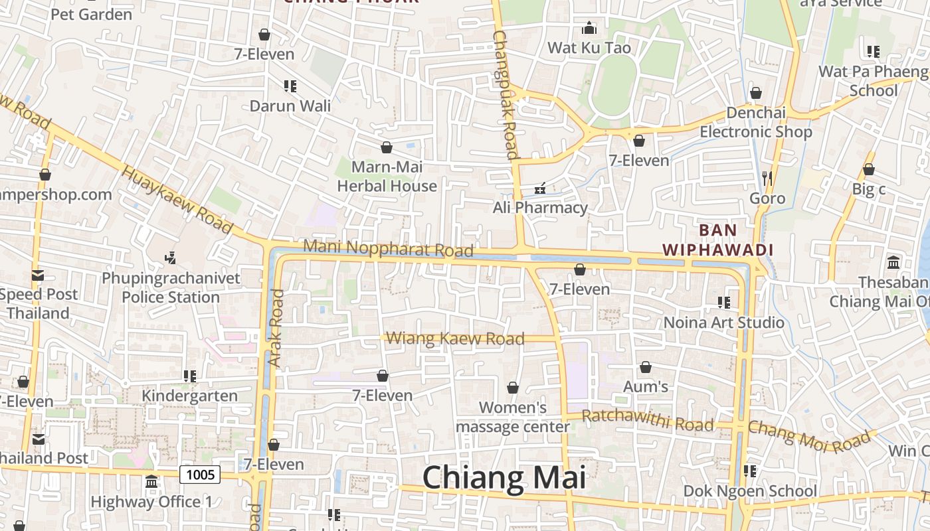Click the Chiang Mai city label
504,478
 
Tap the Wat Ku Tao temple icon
589,29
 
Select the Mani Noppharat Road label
388,248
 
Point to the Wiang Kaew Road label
455,339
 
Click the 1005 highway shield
200,474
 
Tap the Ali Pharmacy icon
540,189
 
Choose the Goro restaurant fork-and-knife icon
767,178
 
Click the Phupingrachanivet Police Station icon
170,257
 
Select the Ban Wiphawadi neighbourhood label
718,240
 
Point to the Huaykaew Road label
177,200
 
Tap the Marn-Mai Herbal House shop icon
387,147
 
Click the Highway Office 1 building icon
151,481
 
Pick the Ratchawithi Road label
648,420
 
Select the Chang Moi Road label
809,437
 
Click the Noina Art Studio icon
724,303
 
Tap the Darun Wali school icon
290,86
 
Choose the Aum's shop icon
646,367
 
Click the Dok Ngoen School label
750,491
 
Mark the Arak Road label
276,328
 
